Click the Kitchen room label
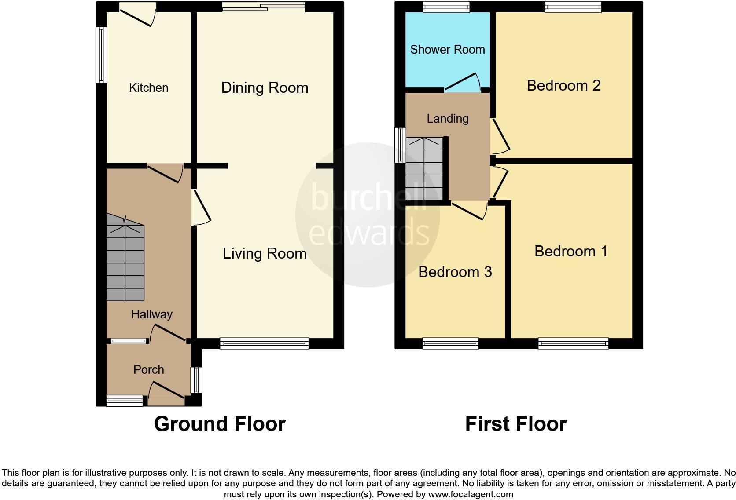click(148, 88)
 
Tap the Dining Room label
click(265, 88)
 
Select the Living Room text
click(265, 254)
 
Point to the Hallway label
click(151, 314)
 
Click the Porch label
click(148, 370)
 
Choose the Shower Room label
click(447, 50)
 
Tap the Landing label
click(447, 119)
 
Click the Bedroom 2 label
click(563, 85)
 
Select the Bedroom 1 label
click(571, 252)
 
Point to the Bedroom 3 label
click(455, 272)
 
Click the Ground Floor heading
click(220, 424)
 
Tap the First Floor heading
click(515, 424)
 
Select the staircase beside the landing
click(424, 169)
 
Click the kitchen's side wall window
click(102, 55)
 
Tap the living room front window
click(264, 343)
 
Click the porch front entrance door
click(166, 394)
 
